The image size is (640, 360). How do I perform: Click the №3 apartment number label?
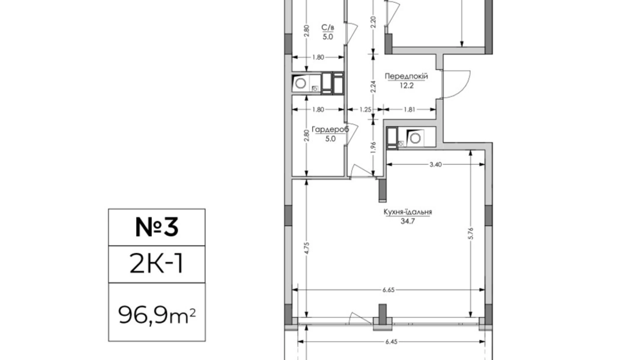coord(157,227)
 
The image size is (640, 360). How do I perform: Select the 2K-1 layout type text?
coord(156,263)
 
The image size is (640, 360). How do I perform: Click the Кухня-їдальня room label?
coord(408,212)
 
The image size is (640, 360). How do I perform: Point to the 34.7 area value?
coord(408,221)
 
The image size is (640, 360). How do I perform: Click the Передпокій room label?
coord(406,76)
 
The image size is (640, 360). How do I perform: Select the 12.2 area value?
coord(406,85)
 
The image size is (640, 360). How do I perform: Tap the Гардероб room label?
coord(330,129)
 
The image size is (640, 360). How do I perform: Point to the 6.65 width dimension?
coord(388,290)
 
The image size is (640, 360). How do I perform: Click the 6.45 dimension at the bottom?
coord(391,342)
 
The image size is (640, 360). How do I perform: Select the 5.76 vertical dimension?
coord(470,233)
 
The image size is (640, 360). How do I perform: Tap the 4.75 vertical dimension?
coord(307,248)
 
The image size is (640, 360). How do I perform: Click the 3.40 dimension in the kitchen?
coord(436,164)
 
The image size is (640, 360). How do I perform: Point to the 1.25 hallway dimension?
coord(365,109)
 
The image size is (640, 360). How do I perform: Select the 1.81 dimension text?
coord(409,109)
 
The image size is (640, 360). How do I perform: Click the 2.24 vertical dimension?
coord(373,87)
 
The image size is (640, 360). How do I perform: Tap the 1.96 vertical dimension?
coord(373,147)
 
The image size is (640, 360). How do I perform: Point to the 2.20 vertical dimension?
coord(373,22)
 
